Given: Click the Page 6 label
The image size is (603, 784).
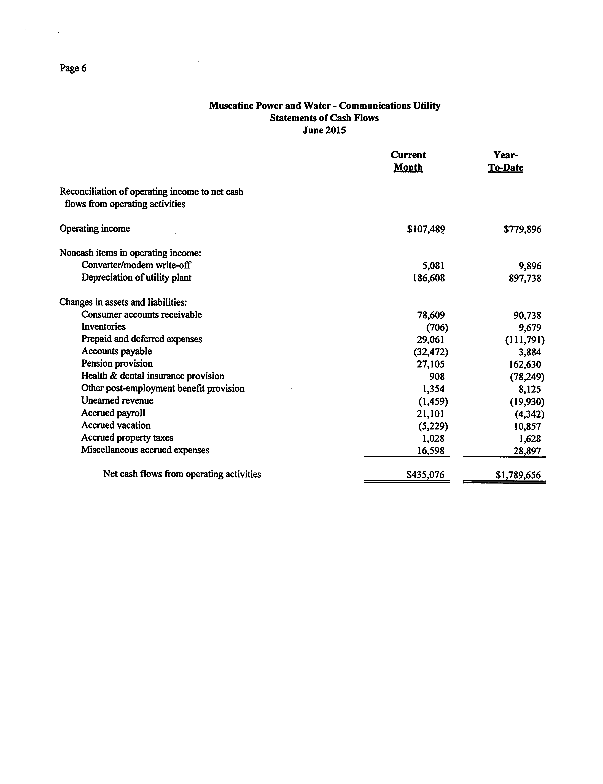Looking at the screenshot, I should click(x=73, y=68).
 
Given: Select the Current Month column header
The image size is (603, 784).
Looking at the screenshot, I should click(x=408, y=161).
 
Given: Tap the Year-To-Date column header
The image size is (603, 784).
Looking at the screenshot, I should click(x=506, y=161).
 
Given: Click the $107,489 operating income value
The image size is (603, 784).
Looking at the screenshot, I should click(x=426, y=229).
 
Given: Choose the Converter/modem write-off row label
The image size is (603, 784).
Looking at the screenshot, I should click(x=136, y=265).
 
